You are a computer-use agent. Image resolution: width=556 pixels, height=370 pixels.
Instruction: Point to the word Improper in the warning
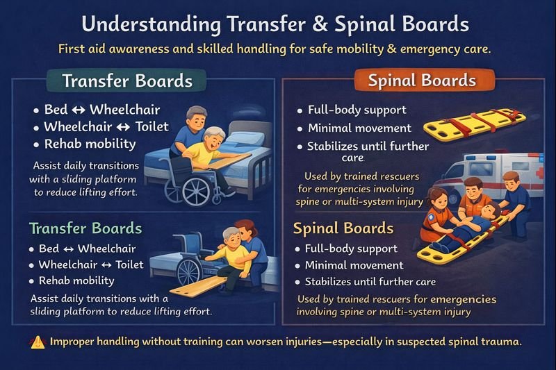76,342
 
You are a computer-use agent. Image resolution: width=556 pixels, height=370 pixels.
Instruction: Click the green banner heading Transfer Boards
127,81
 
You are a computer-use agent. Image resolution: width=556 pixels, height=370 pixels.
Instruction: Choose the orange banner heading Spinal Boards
422,81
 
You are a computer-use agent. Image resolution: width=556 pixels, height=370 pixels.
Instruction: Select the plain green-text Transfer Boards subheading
85,228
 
